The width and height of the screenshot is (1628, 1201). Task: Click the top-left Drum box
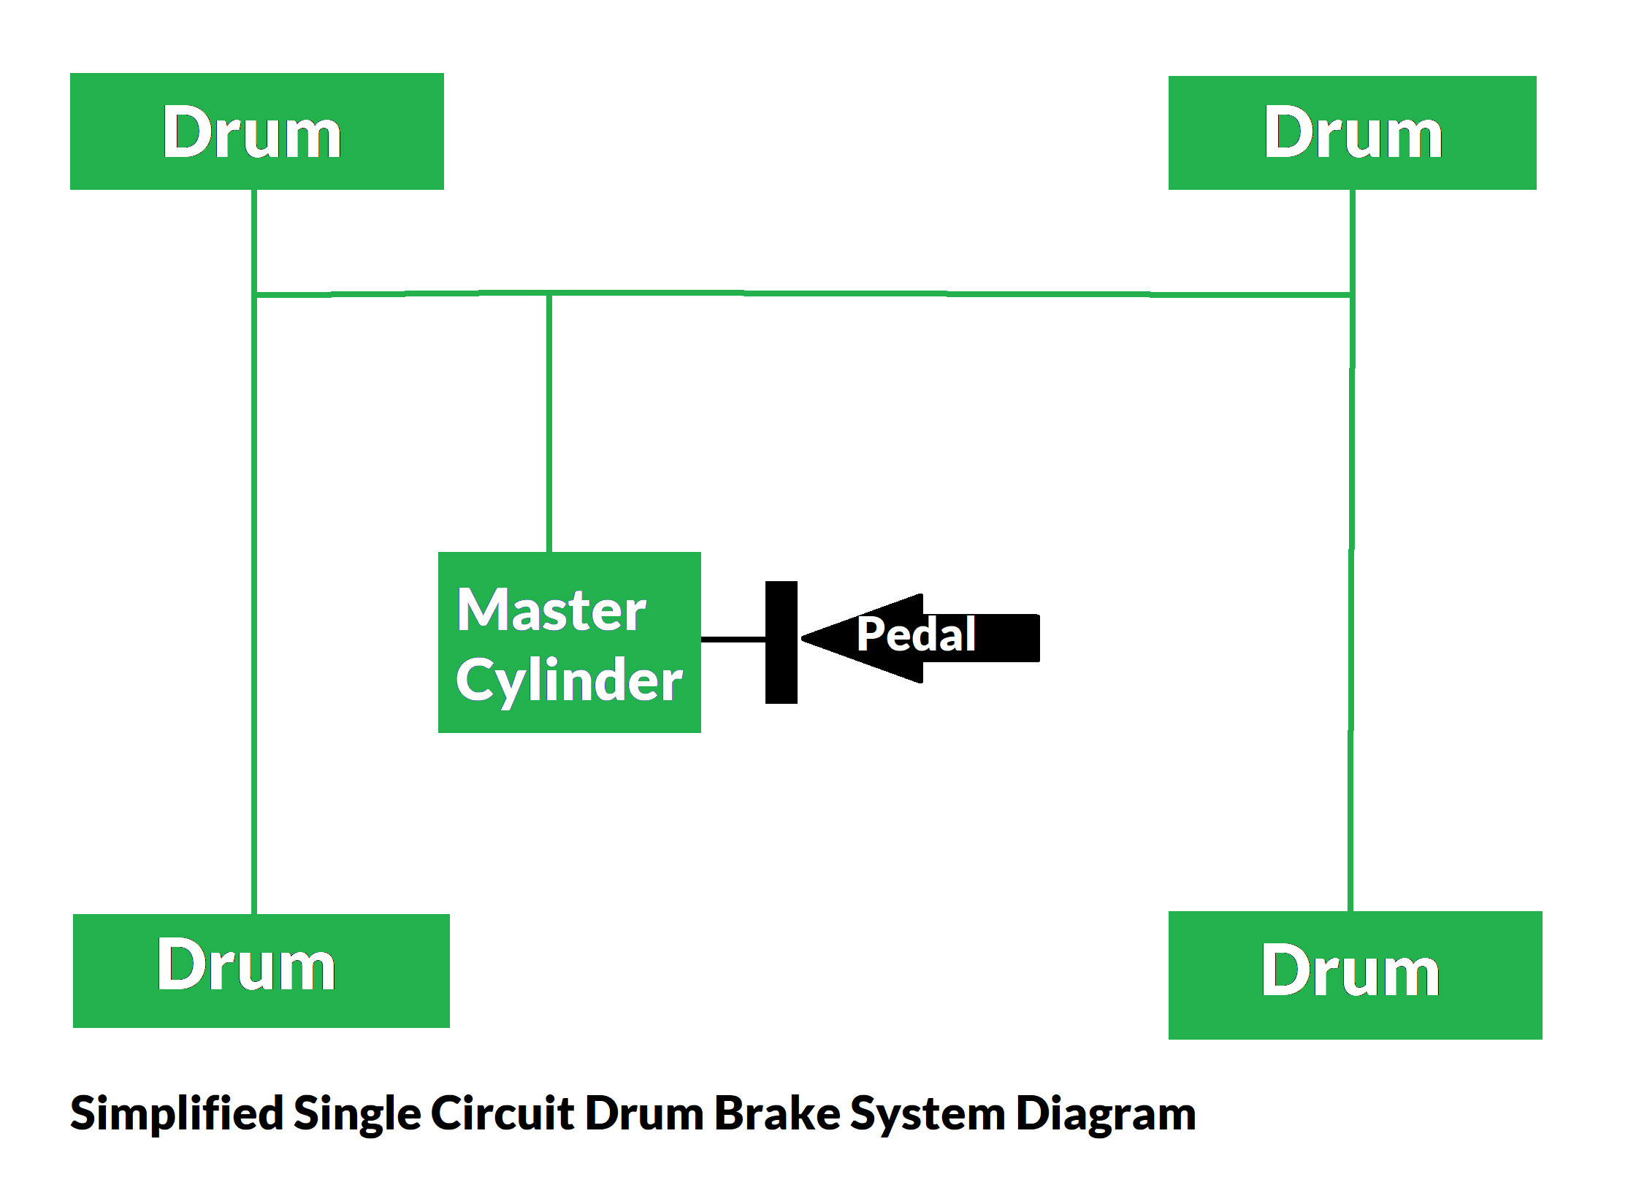(256, 131)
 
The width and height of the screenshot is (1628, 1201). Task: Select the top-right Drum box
(1352, 133)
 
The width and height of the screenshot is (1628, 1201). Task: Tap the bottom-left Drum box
(261, 970)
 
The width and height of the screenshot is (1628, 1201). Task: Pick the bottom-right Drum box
(1355, 975)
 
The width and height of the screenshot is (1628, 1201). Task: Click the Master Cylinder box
(569, 642)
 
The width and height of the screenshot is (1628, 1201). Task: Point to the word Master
(551, 610)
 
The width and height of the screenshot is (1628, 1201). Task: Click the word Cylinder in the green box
(569, 680)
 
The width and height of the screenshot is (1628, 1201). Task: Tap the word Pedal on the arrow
(916, 634)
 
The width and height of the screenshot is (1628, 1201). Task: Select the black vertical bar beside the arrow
(781, 642)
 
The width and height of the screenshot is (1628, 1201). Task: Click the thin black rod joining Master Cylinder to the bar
(733, 639)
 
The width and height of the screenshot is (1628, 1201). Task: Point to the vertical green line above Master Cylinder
(549, 423)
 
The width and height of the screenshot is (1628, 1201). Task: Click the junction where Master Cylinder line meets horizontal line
(549, 294)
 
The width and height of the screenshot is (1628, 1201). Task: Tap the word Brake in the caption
(776, 1114)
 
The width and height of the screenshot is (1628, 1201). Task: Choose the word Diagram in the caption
(1106, 1114)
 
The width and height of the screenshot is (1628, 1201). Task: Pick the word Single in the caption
(357, 1114)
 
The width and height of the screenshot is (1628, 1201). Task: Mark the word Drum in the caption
(644, 1114)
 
